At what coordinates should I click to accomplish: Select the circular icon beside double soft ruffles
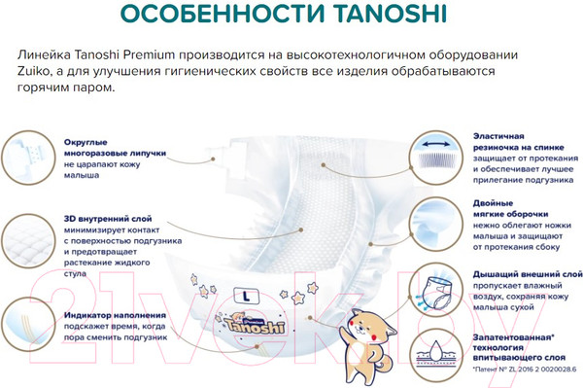tap(435, 223)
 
